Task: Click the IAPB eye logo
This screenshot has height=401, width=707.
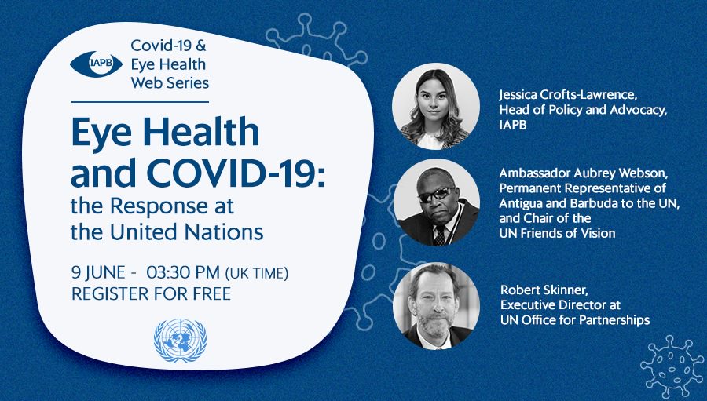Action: pos(96,64)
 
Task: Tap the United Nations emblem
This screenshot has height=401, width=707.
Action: pos(180,340)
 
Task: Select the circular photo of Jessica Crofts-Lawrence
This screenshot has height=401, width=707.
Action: pos(435,107)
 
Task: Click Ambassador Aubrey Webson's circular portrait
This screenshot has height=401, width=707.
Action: pos(437,202)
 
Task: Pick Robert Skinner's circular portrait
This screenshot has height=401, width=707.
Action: pos(436,306)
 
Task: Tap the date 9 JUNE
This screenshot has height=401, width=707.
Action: pos(98,272)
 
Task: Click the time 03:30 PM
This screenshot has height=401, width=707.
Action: pos(182,272)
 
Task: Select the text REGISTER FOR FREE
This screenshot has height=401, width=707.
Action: pos(151,293)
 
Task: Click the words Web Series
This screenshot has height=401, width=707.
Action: pos(170,83)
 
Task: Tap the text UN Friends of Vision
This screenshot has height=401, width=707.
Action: pos(557,233)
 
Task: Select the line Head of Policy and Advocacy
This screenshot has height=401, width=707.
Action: pos(583,110)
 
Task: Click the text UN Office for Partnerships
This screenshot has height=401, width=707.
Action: pos(575,320)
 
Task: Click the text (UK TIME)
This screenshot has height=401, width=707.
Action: pos(257,274)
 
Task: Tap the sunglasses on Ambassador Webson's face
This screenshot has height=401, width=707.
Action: pos(436,194)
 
